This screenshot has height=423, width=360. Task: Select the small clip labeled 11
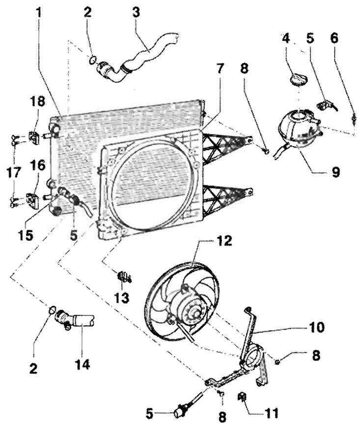[x=242, y=397]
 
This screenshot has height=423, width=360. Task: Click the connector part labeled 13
[x=122, y=276]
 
